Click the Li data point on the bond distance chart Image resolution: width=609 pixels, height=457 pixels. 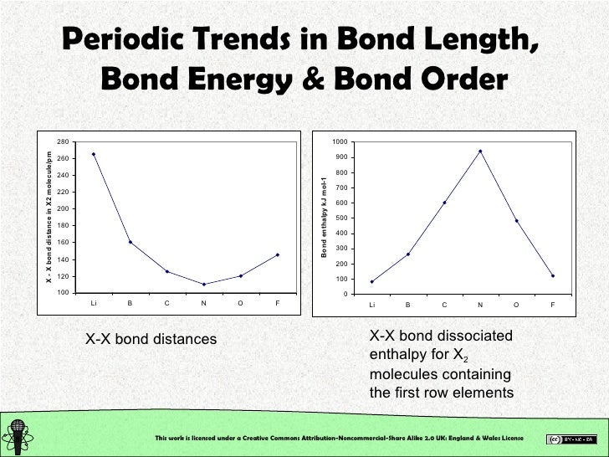pos(94,154)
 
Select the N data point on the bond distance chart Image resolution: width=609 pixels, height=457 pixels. pos(204,285)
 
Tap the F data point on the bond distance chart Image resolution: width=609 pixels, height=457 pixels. pos(278,254)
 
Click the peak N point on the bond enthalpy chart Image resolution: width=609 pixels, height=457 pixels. pos(480,151)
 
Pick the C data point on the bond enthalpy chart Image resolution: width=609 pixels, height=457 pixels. pos(444,203)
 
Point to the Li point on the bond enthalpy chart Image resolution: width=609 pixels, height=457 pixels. pos(371,281)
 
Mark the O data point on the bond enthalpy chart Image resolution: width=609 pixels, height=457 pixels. pos(516,221)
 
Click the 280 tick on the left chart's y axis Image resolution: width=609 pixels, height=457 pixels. pos(64,141)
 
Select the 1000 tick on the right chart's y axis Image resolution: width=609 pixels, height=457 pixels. pos(338,141)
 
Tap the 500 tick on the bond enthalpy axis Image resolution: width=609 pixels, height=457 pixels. pos(340,218)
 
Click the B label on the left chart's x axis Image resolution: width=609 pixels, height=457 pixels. pos(130,303)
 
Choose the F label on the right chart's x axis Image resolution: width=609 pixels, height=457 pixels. pos(553,305)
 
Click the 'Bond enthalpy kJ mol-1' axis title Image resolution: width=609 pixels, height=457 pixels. pos(325,217)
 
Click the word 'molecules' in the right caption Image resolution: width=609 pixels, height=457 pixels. pos(406,374)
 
